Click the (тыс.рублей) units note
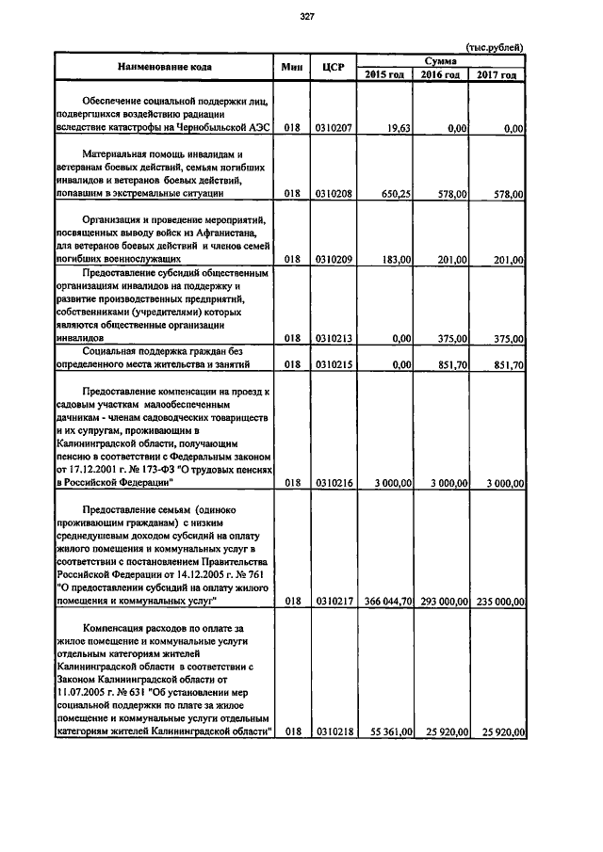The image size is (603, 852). pos(496,47)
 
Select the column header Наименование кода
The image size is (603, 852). pos(164,67)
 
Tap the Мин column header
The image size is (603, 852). pos(291,67)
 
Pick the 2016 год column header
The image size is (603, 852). pos(441,74)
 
